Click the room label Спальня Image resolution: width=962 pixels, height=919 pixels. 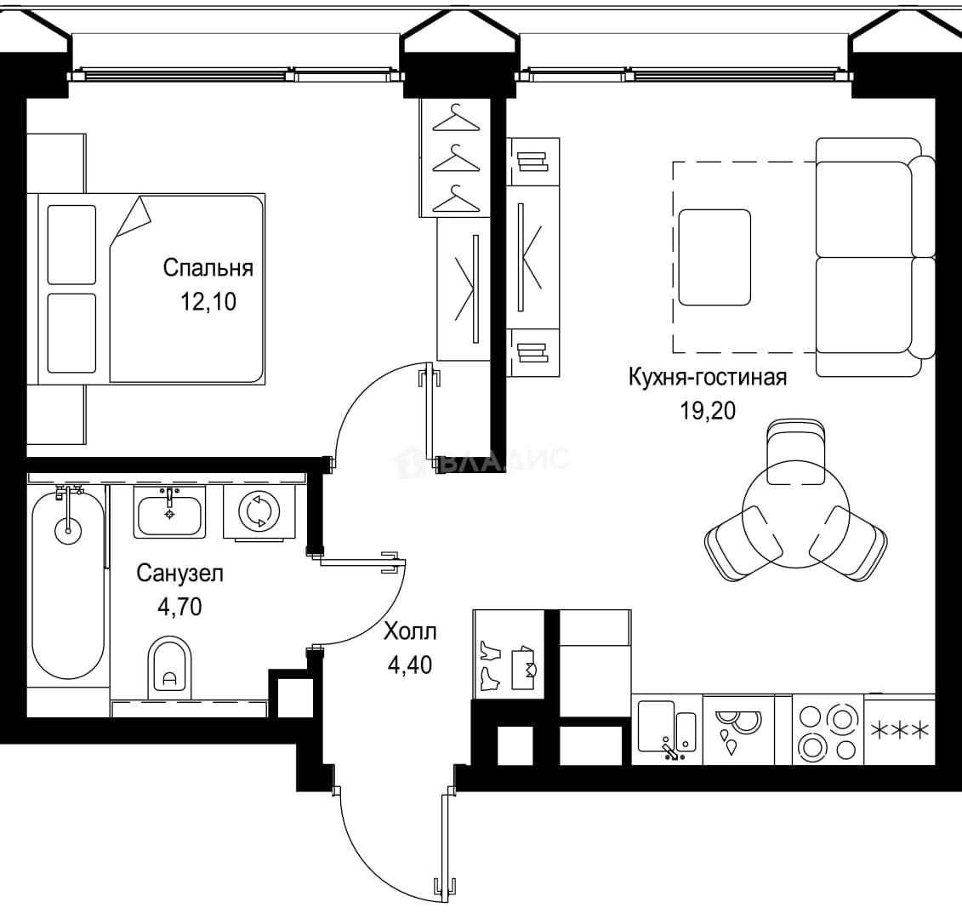208,269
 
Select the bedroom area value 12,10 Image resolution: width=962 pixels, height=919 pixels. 208,302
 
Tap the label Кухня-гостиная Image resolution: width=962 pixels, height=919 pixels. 708,377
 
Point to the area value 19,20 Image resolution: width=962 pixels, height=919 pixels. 708,411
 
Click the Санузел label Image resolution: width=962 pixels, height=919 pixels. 179,574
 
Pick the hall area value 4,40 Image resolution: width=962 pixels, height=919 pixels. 410,665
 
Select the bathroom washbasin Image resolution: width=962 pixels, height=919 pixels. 169,513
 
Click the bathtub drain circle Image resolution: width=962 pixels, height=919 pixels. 68,530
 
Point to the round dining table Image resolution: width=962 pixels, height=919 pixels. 796,515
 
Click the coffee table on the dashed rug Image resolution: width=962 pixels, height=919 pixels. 714,257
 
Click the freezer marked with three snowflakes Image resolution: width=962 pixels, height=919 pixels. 900,731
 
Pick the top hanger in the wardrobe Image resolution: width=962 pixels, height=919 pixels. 456,118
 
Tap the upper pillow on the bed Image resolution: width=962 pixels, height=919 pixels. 71,245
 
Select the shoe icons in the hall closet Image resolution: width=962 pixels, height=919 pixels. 491,666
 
